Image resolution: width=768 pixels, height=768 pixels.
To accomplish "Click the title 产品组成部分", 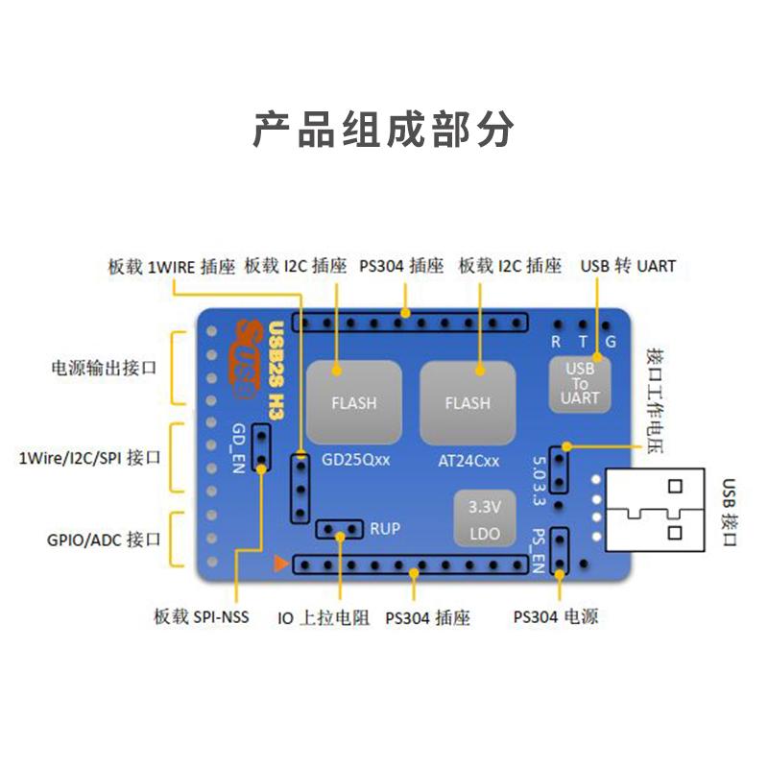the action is pos(383,130).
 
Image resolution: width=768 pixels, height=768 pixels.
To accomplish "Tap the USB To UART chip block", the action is pos(580,384).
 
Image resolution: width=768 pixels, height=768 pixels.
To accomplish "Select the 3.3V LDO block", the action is pos(485,518).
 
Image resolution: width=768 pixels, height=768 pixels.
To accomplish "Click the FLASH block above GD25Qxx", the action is pos(354,402).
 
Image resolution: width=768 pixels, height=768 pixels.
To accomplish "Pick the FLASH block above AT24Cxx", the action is pos(468,402).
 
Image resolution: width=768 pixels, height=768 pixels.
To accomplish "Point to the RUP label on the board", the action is pos(385,529).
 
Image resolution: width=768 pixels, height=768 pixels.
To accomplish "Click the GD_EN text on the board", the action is pos(238,448).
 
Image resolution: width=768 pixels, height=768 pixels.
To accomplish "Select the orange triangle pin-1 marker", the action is pos(280,564).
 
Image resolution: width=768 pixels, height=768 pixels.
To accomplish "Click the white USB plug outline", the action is pos(655,510).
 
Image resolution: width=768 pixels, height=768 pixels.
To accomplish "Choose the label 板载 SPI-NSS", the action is pos(202,616).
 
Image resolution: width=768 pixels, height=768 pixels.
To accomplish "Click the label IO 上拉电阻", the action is pos(324,617).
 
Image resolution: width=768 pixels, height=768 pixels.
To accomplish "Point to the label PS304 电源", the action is pos(556,616).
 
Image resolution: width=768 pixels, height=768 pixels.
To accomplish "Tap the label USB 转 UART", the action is pos(628,266).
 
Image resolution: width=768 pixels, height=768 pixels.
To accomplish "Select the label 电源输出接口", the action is pos(104,368).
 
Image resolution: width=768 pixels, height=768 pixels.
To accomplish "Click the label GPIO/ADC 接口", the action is pos(104,540).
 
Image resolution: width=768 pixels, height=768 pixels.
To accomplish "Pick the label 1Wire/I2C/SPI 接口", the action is pos(89,458).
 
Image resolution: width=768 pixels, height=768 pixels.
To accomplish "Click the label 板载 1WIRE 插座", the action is pos(172,267).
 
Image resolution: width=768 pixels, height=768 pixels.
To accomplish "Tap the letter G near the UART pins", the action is pos(611,342).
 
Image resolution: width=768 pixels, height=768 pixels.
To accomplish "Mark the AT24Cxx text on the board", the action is pos(468,461).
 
